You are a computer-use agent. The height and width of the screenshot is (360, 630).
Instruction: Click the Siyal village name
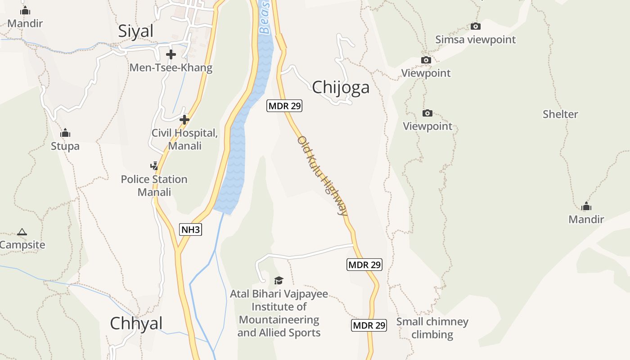(135, 31)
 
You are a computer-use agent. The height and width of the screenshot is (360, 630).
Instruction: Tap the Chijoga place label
(341, 87)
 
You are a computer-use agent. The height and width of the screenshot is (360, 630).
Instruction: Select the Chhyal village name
(136, 323)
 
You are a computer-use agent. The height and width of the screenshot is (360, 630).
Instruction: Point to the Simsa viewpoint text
(475, 40)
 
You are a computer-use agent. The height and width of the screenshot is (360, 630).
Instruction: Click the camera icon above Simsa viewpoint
(475, 27)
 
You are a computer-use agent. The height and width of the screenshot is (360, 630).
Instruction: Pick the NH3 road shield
(190, 229)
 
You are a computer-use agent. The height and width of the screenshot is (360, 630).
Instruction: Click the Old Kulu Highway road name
(322, 176)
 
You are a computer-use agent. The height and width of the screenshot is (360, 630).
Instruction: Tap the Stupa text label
(65, 146)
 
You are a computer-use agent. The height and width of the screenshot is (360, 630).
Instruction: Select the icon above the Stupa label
(65, 133)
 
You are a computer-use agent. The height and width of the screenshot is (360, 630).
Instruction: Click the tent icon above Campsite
(22, 232)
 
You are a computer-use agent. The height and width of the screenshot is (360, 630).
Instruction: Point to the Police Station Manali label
(154, 185)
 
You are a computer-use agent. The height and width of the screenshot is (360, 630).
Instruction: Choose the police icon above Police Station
(154, 166)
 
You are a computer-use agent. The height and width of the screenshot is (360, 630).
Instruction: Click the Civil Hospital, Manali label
(184, 139)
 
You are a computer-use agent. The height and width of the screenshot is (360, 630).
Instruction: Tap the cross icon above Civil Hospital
(184, 120)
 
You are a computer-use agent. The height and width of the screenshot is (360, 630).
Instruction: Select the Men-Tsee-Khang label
(171, 68)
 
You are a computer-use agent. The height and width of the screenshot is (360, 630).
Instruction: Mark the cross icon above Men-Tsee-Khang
(171, 54)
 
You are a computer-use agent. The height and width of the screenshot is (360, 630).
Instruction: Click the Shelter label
(560, 114)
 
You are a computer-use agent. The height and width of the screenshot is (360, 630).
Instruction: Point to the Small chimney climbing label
(432, 328)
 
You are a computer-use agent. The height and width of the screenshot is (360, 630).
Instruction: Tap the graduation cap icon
(279, 281)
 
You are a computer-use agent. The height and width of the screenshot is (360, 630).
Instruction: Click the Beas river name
(265, 18)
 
